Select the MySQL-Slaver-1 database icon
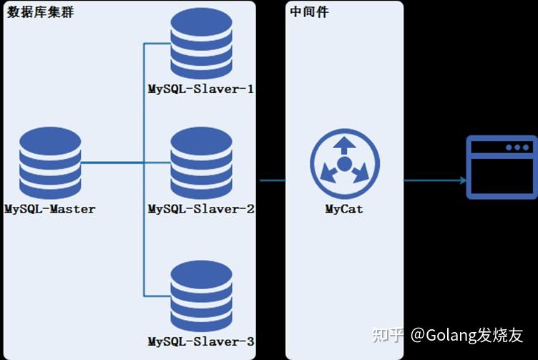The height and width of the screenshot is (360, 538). coord(202,44)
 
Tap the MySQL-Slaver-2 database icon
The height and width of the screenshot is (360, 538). coord(202,164)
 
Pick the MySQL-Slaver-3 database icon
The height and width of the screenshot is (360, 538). coord(202,295)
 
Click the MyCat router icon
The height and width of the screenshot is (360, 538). coord(344,164)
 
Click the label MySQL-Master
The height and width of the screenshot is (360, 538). coord(50,209)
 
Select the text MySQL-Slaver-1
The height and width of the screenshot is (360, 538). coord(201,90)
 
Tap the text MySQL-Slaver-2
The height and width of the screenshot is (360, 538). coord(201,209)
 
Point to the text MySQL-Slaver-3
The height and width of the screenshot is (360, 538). coord(201,341)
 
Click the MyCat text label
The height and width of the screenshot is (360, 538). coord(344,209)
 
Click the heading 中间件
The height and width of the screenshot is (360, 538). coord(310,13)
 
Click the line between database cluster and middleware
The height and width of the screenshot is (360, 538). coord(271,180)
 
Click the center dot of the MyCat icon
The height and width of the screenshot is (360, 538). coord(344,165)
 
